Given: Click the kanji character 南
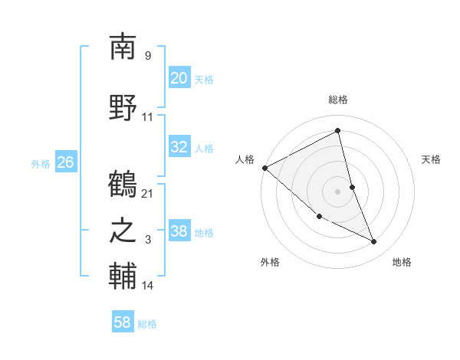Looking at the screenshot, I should (123, 47).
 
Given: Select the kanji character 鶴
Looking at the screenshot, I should (123, 185).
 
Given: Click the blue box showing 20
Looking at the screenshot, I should (179, 78).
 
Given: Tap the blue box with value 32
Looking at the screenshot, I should (179, 148).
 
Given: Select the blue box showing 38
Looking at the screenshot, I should (179, 232).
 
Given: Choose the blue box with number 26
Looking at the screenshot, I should (66, 162).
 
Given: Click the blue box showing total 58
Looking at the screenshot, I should (123, 322).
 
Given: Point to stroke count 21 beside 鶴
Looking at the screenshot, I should (148, 193).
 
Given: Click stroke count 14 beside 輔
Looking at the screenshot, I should (148, 286).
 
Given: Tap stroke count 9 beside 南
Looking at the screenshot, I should (148, 55).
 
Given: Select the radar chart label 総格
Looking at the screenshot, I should (338, 100).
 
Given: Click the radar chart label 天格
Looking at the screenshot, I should (432, 159).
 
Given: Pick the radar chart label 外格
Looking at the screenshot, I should (270, 262).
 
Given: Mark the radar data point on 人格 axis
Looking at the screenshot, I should (264, 168).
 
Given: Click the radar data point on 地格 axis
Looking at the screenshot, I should (374, 241).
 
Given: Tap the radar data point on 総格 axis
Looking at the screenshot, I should (338, 130).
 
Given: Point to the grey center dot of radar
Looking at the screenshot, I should (338, 191).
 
